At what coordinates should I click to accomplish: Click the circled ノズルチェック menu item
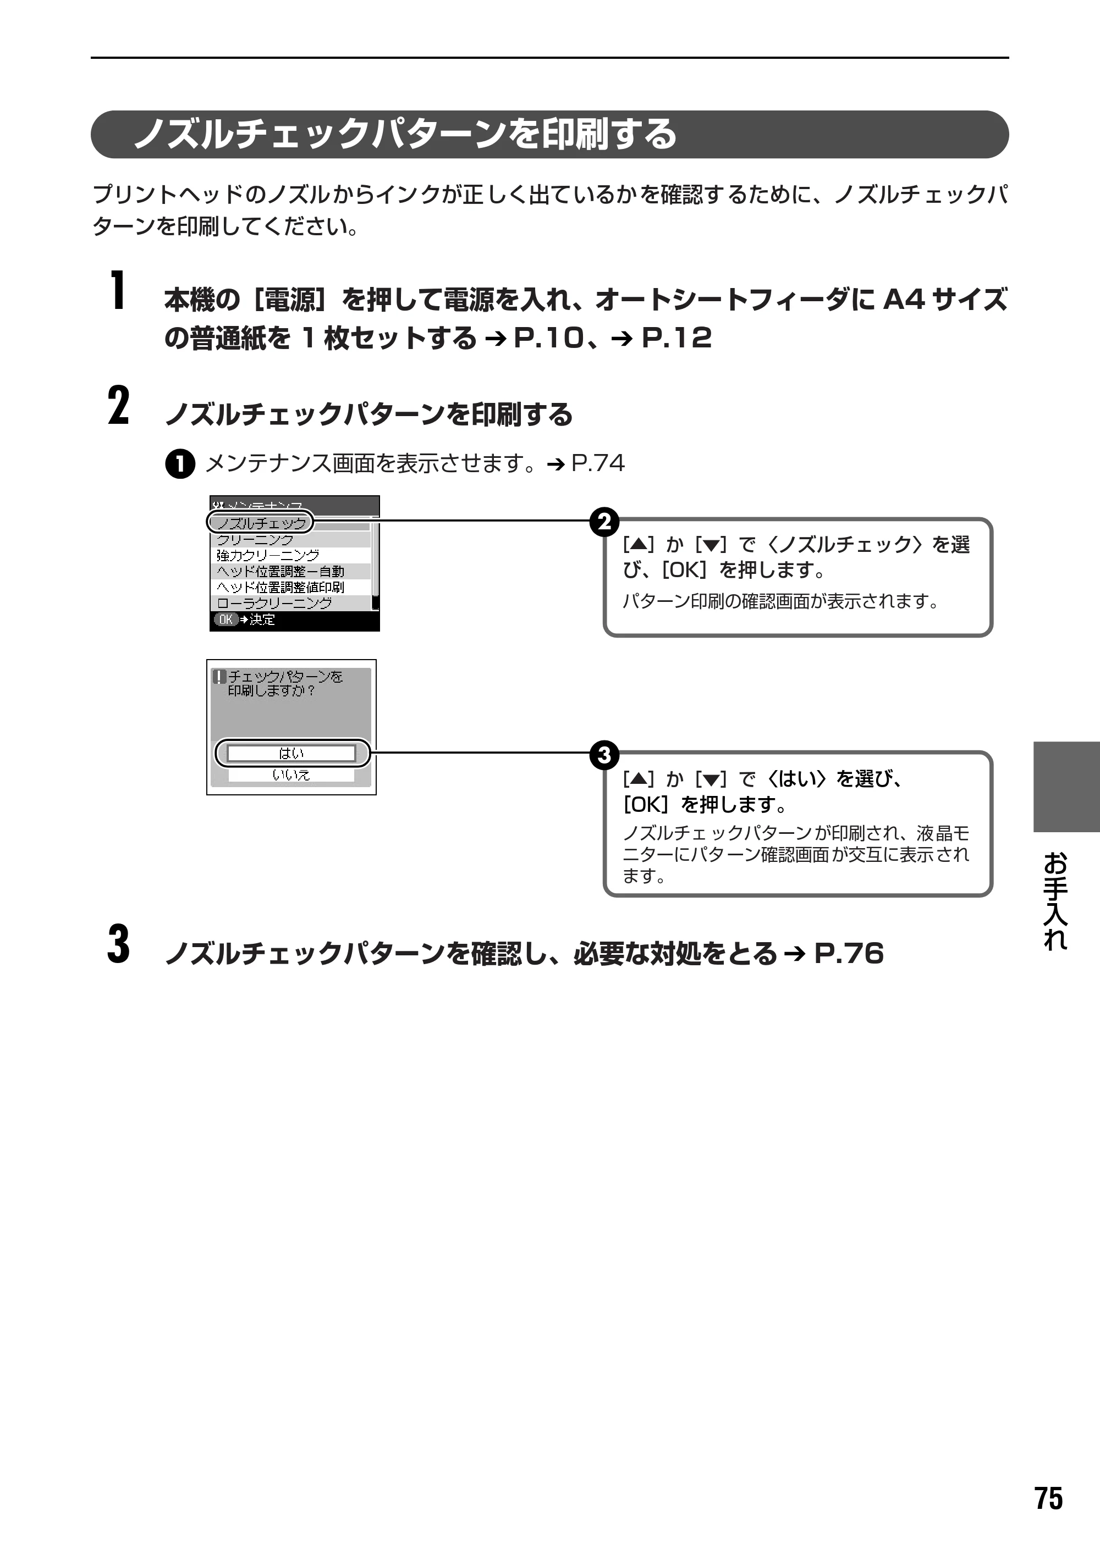[x=261, y=523]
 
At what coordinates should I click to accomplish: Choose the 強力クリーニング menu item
[x=268, y=555]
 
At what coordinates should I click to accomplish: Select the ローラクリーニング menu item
[x=274, y=602]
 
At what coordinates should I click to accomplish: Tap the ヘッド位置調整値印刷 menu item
[x=280, y=587]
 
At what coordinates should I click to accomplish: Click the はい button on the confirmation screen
[x=291, y=753]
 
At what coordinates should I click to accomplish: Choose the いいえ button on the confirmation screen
[x=291, y=774]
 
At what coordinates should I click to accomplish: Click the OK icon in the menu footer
[x=225, y=619]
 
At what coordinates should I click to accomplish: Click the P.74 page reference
[x=598, y=464]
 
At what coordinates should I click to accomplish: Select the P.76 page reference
[x=849, y=953]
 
